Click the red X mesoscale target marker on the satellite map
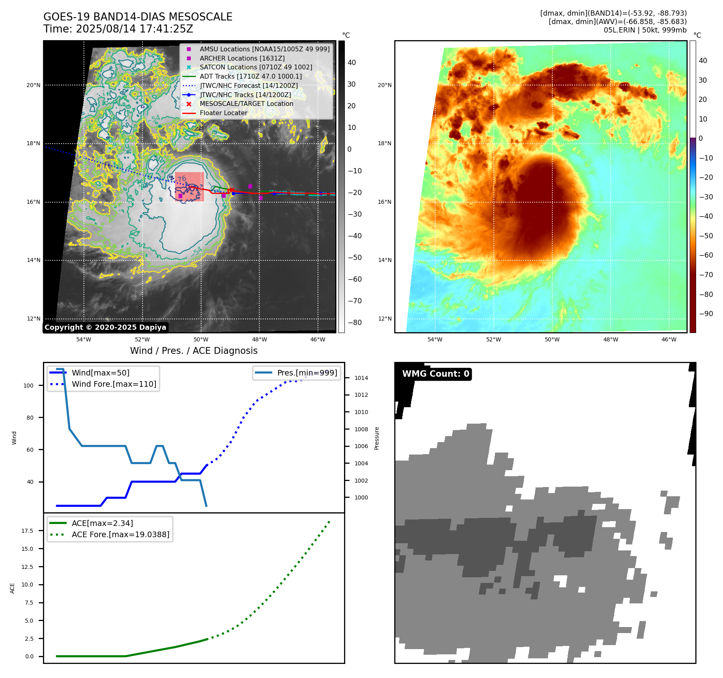pos(232,190)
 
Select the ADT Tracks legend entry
pos(251,76)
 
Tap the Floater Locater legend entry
pos(223,113)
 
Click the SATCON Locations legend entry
pos(256,67)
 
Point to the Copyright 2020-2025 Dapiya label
pos(105,327)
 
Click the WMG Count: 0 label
pos(436,374)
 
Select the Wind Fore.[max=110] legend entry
pos(114,384)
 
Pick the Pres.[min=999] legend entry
pos(307,373)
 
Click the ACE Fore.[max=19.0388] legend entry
pos(120,534)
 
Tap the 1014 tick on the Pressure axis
pos(361,378)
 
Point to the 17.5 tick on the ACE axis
pos(27,531)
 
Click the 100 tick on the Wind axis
pos(29,386)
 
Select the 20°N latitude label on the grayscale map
pos(34,85)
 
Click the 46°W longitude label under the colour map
pos(669,339)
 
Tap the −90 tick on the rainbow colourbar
pos(706,314)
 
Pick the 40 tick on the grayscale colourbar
pos(352,63)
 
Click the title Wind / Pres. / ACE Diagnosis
pos(193,351)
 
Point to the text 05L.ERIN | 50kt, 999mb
pos(645,30)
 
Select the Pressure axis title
pos(377,438)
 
